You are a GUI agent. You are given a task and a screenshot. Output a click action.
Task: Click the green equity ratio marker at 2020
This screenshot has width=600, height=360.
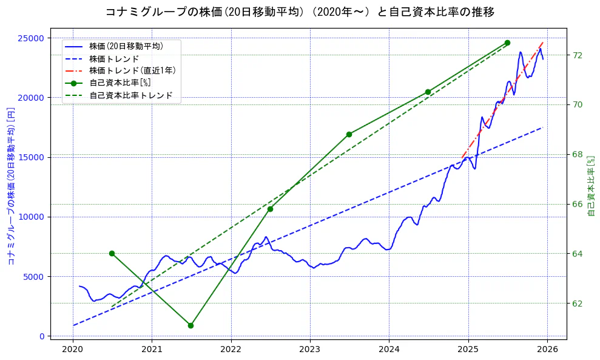point(112,253)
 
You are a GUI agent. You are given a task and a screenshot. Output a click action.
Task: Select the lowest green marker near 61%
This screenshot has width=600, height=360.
point(190,325)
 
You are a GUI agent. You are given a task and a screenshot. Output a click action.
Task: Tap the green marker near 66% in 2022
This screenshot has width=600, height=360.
point(270,209)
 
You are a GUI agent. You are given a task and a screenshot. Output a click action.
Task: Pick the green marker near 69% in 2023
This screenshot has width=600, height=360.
point(349,134)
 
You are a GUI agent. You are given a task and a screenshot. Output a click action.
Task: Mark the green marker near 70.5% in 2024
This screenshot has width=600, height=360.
point(428,92)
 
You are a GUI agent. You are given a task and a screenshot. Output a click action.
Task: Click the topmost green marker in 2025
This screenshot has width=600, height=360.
point(507,42)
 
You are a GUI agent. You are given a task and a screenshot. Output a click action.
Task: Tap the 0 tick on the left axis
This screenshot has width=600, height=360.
point(42,336)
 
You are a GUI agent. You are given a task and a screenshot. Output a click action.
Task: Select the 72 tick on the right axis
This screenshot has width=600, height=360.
point(578,55)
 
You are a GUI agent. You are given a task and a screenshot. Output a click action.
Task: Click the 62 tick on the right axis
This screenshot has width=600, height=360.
point(578,303)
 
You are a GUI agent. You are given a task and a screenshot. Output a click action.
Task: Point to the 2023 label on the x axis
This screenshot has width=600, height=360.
point(310,349)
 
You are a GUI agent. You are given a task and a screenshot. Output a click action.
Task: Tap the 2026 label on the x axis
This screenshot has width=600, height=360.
point(547,349)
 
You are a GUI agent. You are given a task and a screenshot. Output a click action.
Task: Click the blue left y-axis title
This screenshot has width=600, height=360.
point(11,186)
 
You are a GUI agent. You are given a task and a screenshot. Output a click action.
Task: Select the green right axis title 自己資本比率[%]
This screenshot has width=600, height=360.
point(592,186)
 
